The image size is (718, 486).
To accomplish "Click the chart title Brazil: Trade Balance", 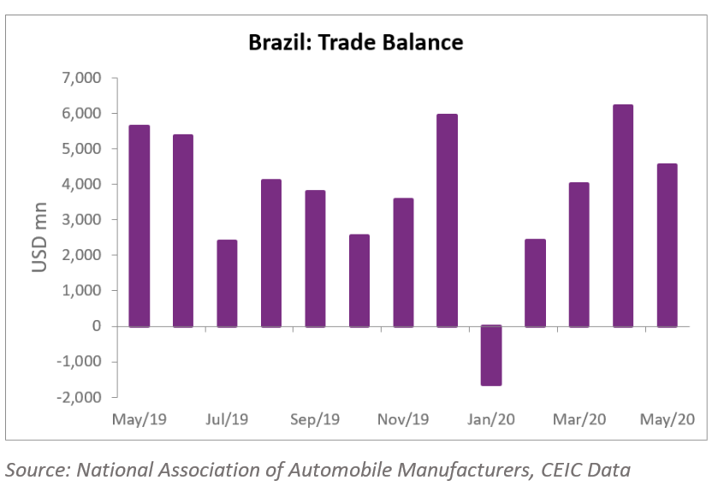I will pos(355,42).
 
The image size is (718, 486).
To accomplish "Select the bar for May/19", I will pos(139,226).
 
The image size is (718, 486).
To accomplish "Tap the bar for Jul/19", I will pos(227,283).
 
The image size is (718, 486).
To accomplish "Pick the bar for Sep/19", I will pos(315,258).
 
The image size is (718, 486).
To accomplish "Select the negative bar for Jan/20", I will pos(491,355).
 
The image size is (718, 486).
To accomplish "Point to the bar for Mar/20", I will pos(579,254).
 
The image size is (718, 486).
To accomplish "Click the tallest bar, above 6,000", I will pos(623,216).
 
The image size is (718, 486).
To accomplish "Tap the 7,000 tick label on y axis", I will pos(84,78).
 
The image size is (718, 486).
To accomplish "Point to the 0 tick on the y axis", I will pos(97,326).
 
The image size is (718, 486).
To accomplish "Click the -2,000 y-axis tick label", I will pos(81,397).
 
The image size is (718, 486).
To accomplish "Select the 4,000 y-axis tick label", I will pos(84,184).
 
